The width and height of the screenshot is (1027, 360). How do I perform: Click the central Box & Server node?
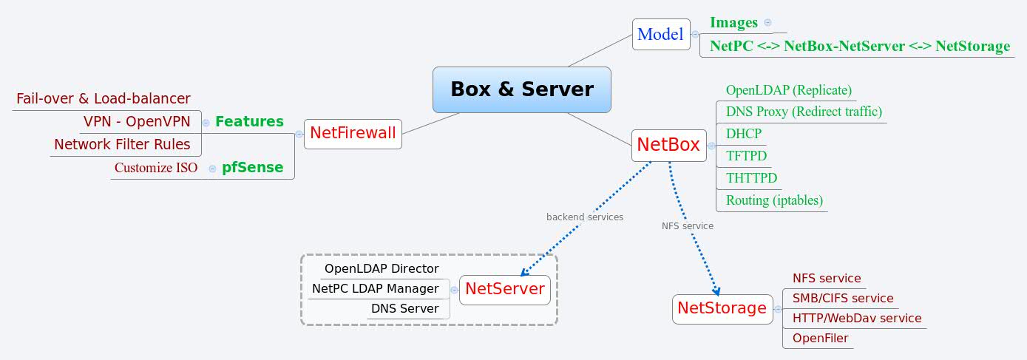[522, 89]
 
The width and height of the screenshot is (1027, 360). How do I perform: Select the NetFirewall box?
[353, 134]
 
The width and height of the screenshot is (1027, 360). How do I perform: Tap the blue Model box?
[660, 34]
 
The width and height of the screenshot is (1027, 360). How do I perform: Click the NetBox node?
[668, 145]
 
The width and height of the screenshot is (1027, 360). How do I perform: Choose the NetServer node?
[504, 289]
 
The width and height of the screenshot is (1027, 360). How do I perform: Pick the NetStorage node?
[722, 308]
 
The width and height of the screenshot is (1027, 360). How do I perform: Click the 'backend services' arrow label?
[584, 217]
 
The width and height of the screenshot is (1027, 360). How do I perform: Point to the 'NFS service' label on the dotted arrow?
[687, 226]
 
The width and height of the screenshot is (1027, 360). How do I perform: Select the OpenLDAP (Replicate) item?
[788, 90]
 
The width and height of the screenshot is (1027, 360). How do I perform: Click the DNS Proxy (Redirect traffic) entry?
[804, 112]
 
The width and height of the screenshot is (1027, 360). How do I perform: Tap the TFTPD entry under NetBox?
[746, 156]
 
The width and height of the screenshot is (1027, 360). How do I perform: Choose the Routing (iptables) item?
[774, 200]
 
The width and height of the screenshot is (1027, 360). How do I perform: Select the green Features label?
[249, 122]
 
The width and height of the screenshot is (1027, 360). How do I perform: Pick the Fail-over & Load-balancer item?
[104, 99]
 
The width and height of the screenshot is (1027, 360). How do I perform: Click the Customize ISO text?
[156, 168]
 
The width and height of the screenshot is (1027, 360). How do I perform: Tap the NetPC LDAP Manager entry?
[376, 289]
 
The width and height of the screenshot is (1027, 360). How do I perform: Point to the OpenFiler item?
[820, 339]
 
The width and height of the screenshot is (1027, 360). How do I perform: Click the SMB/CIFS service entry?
[843, 299]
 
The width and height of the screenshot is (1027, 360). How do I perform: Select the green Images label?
[733, 23]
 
